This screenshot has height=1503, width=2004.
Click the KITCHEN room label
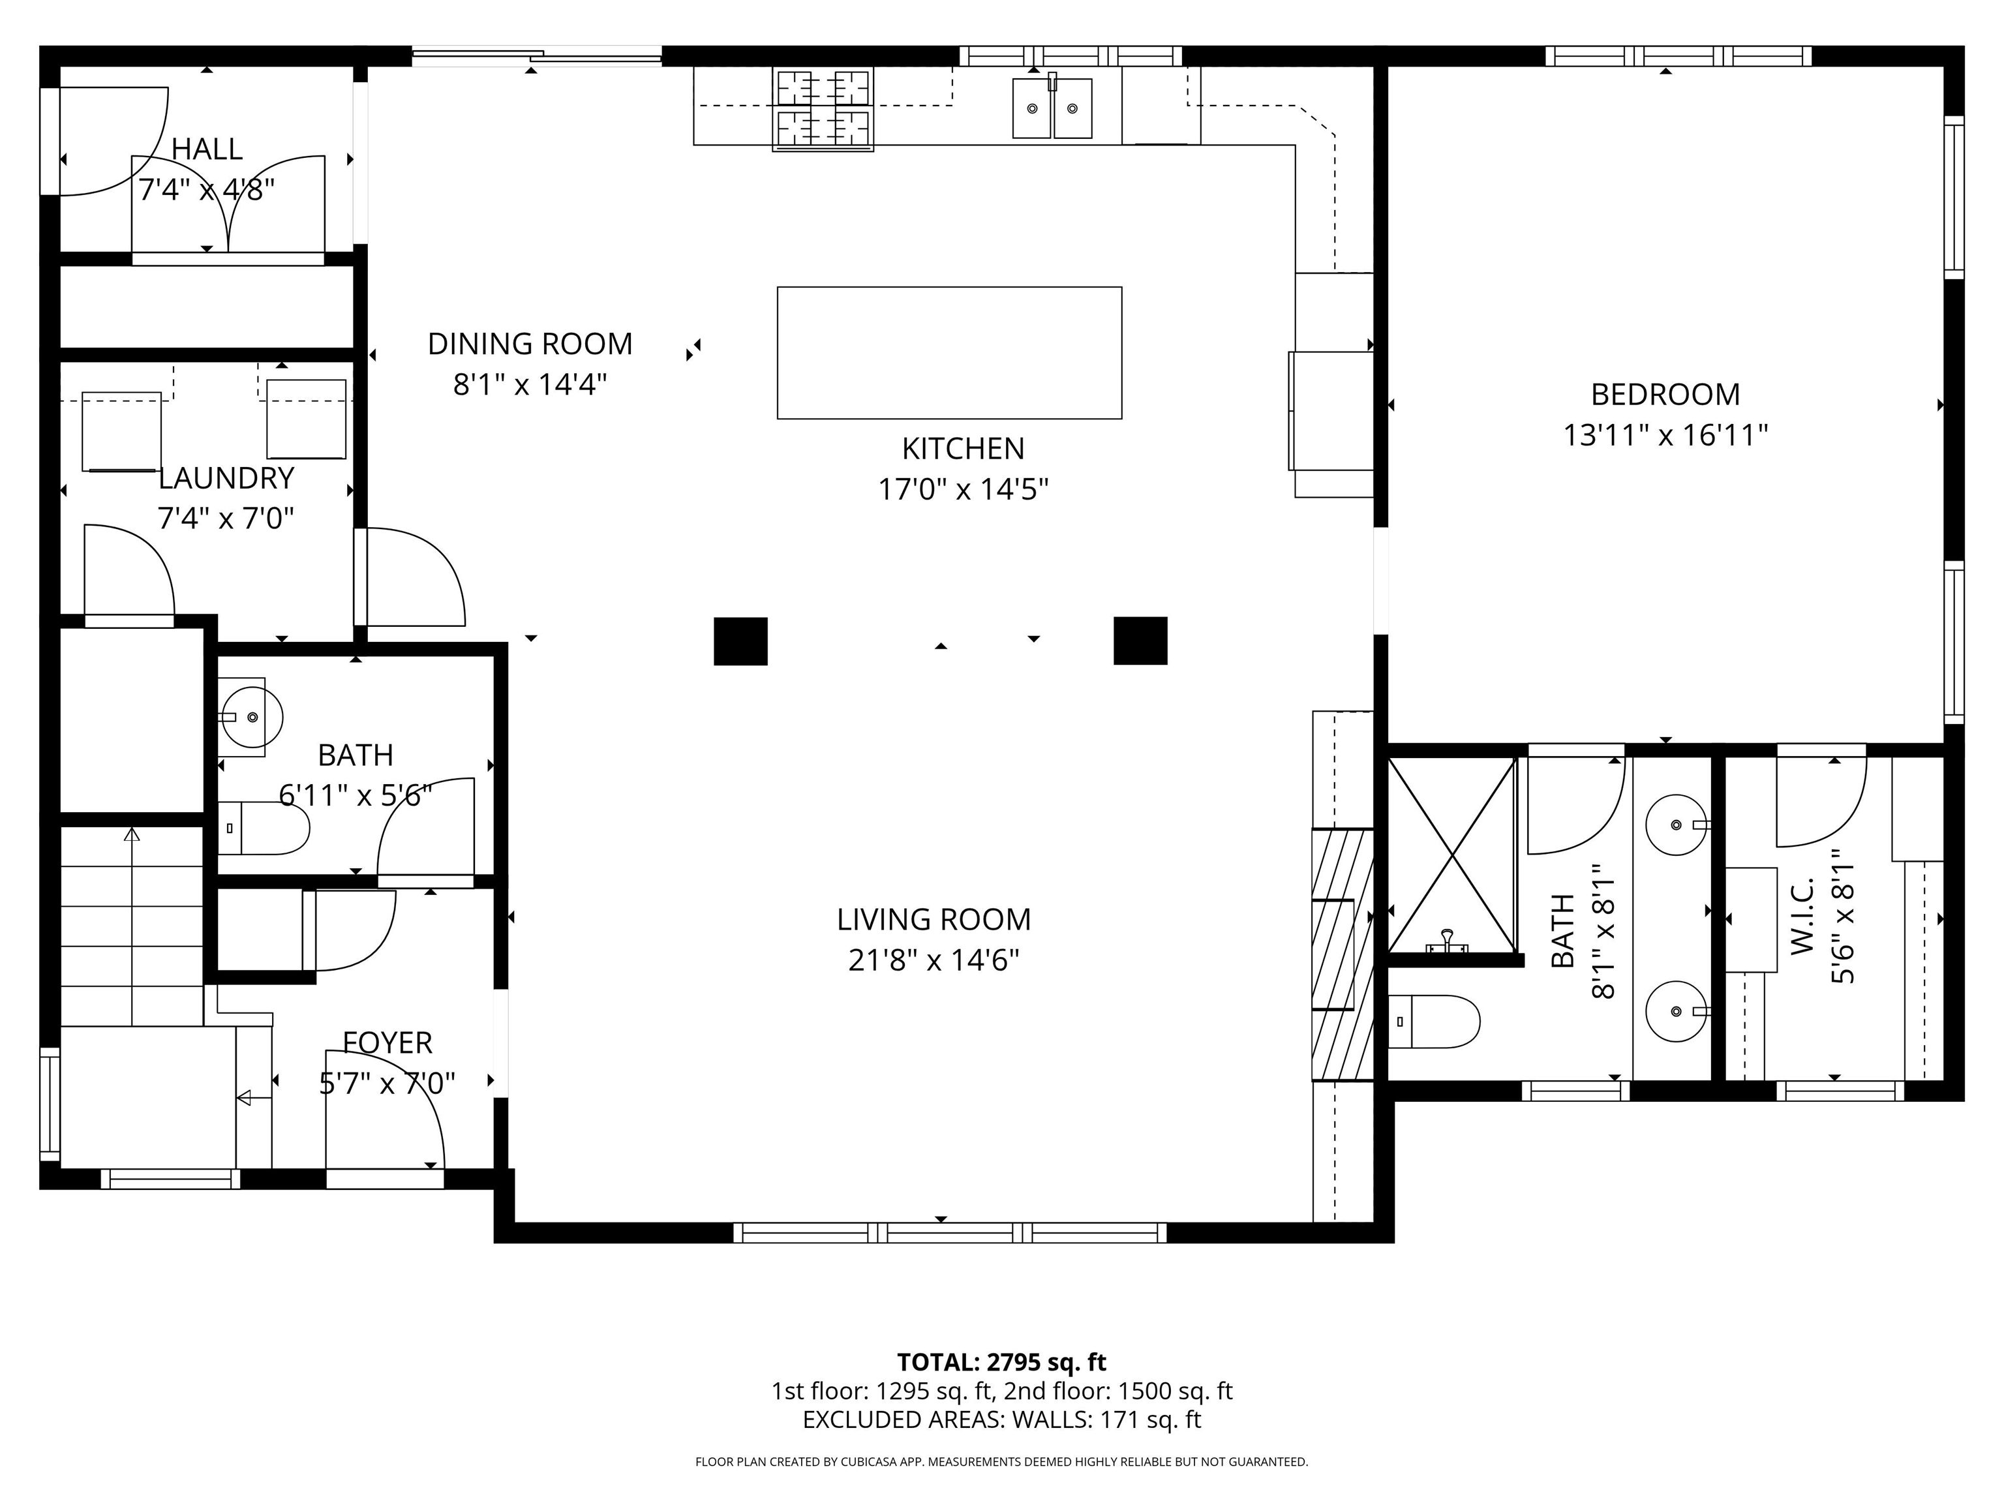pos(963,448)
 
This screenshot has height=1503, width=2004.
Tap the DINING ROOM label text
pos(530,344)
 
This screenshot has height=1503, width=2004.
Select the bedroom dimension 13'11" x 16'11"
pos(1665,436)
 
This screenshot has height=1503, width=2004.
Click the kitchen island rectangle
pos(949,354)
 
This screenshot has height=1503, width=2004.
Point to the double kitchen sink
pos(1052,108)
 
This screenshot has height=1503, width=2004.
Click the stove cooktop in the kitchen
pos(823,110)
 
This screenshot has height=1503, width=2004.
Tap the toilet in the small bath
pos(264,828)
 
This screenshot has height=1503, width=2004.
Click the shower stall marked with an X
pos(1451,855)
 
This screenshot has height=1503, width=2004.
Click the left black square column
pos(741,641)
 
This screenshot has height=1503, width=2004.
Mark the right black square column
pos(1140,641)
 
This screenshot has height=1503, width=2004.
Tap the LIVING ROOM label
pos(934,920)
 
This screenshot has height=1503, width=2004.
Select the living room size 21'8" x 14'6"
pos(934,960)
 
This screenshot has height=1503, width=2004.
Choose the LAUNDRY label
pos(226,478)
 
